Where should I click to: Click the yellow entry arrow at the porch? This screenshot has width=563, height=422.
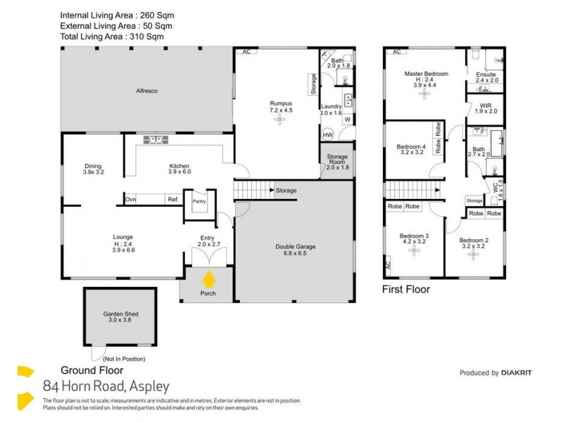[x=208, y=279]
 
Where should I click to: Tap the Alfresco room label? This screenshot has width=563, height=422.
[x=146, y=91]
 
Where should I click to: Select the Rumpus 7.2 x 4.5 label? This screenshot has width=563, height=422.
[x=280, y=107]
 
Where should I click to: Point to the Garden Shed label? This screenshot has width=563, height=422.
[x=118, y=314]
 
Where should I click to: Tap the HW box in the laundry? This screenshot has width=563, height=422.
[x=327, y=135]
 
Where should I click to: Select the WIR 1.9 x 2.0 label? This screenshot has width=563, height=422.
[x=486, y=108]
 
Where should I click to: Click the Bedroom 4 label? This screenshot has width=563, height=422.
[x=412, y=148]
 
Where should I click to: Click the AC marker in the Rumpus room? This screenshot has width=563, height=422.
[x=246, y=52]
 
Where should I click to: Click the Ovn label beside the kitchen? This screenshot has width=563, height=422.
[x=130, y=200]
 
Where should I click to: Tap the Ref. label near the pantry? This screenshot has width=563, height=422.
[x=172, y=200]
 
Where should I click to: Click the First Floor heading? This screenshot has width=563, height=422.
[x=405, y=289]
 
